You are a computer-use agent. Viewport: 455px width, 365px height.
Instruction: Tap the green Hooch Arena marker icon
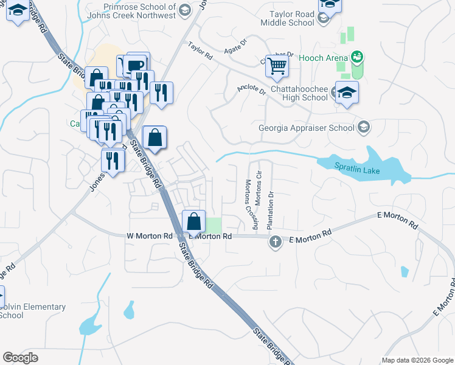point(356,58)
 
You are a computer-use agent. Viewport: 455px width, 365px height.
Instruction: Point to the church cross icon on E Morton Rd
point(275,242)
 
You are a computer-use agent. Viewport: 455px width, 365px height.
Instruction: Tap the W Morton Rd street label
point(150,235)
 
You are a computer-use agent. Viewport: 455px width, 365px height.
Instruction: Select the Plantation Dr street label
point(271,210)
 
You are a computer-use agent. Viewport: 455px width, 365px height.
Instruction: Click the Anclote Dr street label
point(252,91)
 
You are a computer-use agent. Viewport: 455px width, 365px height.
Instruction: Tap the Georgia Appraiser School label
point(306,128)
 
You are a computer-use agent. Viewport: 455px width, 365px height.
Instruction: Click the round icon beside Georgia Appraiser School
point(363,127)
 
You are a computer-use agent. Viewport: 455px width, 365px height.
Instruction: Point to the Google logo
point(20,358)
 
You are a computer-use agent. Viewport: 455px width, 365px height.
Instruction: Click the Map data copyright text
point(417,360)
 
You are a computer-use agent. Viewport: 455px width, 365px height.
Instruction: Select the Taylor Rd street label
point(200,50)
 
